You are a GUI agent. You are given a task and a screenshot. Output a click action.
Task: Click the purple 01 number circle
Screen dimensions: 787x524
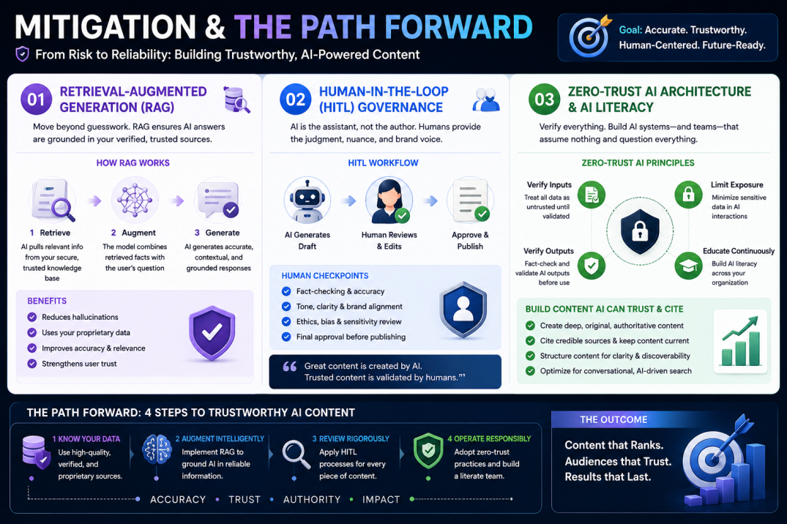pos(36,100)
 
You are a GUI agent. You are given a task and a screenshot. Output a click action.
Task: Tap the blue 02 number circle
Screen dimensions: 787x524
pos(295,100)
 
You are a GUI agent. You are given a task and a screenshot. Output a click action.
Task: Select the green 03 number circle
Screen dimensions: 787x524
pos(544,100)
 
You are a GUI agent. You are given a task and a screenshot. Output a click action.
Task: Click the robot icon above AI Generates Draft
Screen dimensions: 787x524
pos(307,201)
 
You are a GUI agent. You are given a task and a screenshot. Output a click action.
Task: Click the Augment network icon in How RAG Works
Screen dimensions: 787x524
pos(135,201)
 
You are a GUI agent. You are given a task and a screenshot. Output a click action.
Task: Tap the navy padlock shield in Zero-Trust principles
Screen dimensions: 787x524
pos(639,231)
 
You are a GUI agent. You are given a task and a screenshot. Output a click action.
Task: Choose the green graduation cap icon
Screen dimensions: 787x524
pos(688,266)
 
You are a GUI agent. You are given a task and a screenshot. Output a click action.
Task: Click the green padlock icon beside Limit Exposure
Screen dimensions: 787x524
pos(688,194)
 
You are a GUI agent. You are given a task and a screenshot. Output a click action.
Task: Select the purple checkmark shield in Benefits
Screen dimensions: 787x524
pos(212,333)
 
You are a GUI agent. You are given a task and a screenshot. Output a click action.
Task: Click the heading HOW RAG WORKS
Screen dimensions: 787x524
pos(133,163)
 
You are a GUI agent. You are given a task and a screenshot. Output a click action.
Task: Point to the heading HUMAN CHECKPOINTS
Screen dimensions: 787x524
pos(325,276)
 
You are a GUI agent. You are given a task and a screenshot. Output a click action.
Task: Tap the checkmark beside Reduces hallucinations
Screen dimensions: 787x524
pos(32,317)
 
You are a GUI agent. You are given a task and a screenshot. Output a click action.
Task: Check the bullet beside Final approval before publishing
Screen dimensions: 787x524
pos(286,337)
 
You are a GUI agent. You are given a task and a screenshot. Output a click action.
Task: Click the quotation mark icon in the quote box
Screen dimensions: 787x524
pos(290,367)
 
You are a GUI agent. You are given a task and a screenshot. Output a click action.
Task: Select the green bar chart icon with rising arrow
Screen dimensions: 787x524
pos(741,341)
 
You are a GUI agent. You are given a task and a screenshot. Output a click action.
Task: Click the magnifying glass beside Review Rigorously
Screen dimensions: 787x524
pos(296,454)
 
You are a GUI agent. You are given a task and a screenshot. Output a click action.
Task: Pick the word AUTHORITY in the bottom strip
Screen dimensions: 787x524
pos(312,499)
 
